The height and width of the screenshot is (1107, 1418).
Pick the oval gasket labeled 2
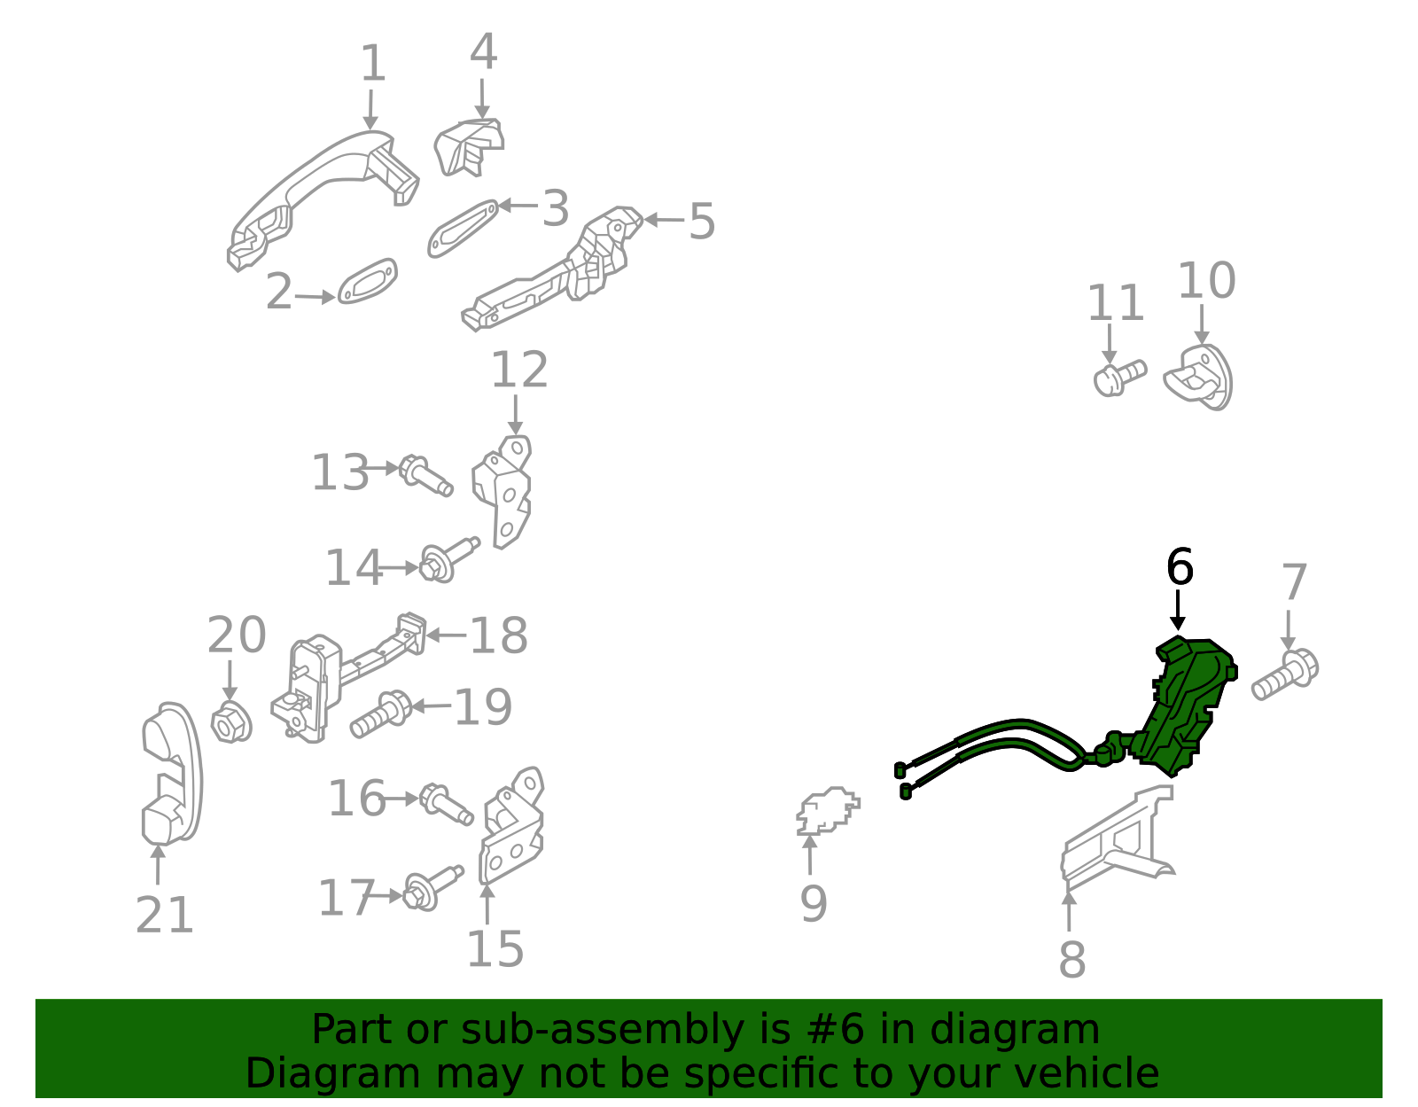[x=367, y=282]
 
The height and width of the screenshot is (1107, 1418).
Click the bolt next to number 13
[x=425, y=475]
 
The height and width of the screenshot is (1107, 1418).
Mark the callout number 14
[x=353, y=568]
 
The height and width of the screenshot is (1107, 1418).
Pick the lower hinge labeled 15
[x=510, y=829]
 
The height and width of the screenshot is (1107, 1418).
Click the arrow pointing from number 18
[x=446, y=635]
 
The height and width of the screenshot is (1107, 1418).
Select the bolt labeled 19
[x=380, y=714]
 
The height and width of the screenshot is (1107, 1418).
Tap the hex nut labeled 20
[x=231, y=722]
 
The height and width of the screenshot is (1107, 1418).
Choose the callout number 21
[x=165, y=916]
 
